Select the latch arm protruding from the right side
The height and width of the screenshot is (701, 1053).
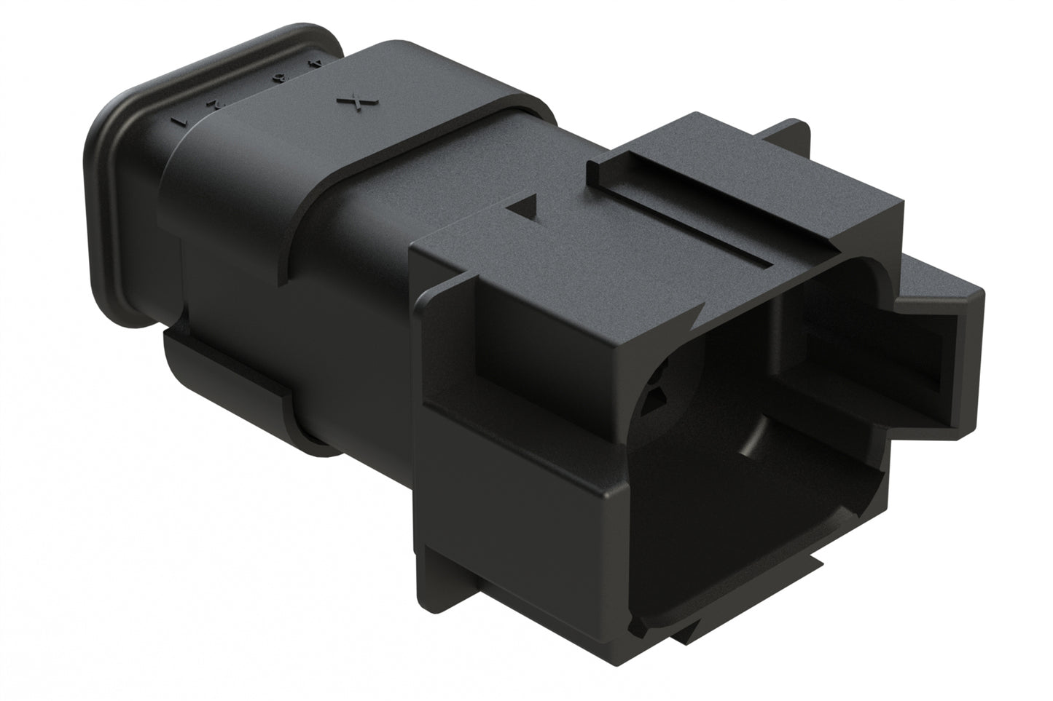coord(940,320)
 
